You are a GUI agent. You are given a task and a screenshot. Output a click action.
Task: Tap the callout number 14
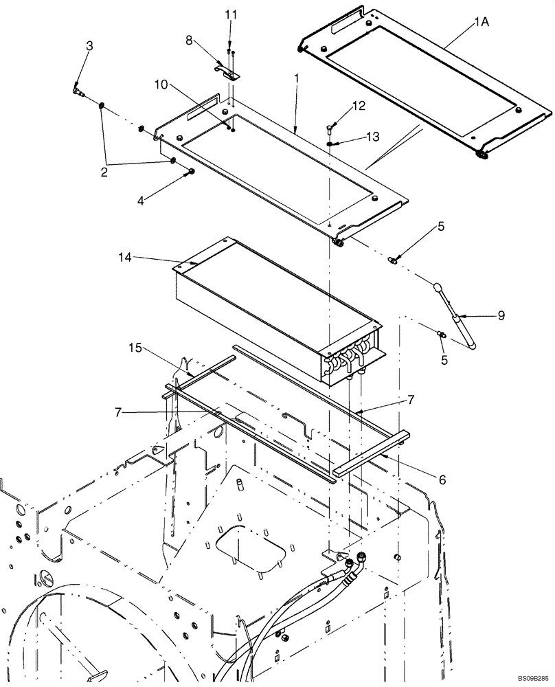125,257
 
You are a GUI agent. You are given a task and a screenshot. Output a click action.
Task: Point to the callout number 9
501,315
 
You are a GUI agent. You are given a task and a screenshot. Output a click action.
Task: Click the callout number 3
89,45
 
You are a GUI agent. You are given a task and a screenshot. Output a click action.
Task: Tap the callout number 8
190,41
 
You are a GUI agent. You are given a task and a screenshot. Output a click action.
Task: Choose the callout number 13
372,137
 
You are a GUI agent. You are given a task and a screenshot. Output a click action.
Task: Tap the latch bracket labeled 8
231,71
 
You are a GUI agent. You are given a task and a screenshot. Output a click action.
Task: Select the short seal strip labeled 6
371,453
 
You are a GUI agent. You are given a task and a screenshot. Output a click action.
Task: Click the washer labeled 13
330,144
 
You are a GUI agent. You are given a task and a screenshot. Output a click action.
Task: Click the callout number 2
104,172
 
